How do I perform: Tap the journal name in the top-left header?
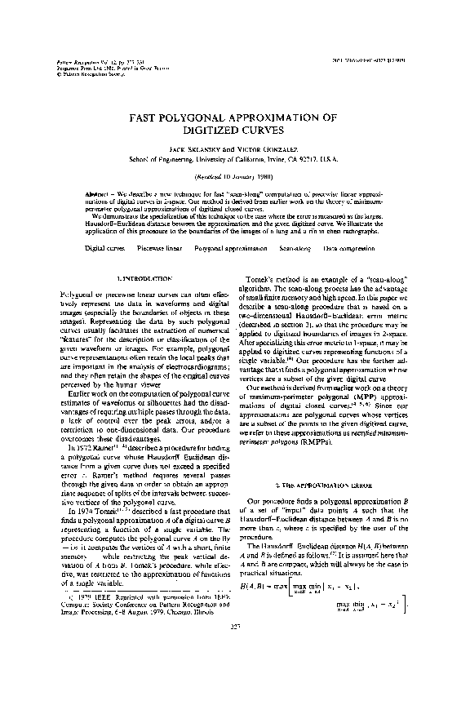point(64,61)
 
